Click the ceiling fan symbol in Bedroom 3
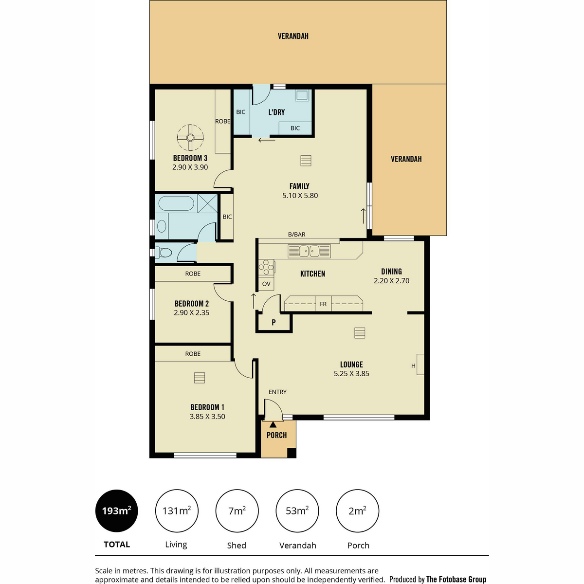pos(190,138)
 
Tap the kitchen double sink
pos(309,251)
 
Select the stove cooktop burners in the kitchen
pos(266,267)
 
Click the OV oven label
pos(266,284)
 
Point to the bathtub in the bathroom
pos(176,203)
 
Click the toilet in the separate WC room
pos(164,252)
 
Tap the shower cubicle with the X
pos(208,203)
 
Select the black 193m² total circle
pos(117,511)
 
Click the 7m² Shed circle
pos(237,511)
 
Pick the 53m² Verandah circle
pos(297,511)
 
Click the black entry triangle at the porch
pos(273,424)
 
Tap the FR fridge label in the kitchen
pos(323,304)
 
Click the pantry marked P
pos(274,323)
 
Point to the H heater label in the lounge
pos(413,366)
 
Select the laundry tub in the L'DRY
pos(302,95)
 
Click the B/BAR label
pos(296,234)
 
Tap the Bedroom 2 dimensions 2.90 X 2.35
pos(192,312)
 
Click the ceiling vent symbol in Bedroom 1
pos(200,378)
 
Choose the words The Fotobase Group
pos(456,579)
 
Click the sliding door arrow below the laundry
pos(267,140)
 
